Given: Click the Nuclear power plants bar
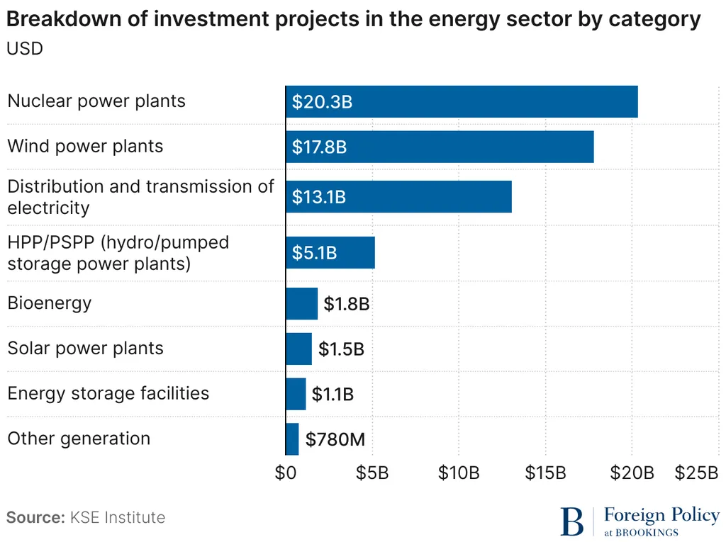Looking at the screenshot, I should [x=462, y=101].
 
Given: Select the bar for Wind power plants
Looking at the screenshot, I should [x=440, y=147].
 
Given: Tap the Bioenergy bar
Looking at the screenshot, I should [x=301, y=304].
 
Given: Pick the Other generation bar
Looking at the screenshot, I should [x=292, y=439].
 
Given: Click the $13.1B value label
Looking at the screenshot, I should [x=319, y=197].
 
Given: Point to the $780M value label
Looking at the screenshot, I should [x=335, y=440].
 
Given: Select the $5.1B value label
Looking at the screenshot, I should [x=314, y=253].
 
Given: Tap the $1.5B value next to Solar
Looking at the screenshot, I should [x=341, y=349].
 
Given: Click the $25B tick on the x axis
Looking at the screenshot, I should [x=697, y=473].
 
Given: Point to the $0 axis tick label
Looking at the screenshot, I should [x=286, y=473].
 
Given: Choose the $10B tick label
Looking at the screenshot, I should [x=459, y=473].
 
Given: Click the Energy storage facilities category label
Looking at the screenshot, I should [x=108, y=393].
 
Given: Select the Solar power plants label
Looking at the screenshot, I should [x=85, y=349].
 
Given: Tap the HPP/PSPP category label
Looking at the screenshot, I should [x=118, y=253].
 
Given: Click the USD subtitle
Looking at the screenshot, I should [x=25, y=49].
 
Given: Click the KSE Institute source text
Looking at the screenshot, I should [x=117, y=517].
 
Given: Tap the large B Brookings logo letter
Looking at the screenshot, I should [x=572, y=521].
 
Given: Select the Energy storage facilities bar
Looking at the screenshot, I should [x=296, y=394].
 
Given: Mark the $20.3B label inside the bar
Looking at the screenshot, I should [x=323, y=102].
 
